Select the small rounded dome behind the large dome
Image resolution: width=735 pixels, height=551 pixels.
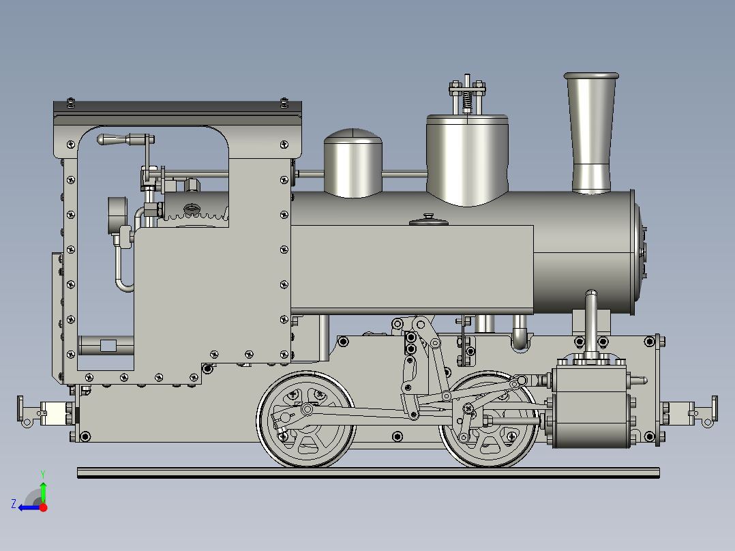pos(352,164)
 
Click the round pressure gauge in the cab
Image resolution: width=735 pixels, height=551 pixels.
pos(117,214)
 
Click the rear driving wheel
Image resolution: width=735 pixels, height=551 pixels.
pos(306,419)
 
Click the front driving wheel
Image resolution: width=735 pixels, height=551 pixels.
pos(488,419)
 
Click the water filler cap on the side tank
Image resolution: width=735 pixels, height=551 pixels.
pos(429,220)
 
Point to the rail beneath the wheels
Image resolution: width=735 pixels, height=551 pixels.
pos(368,472)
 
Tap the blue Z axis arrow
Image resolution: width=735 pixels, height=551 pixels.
pos(27,507)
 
